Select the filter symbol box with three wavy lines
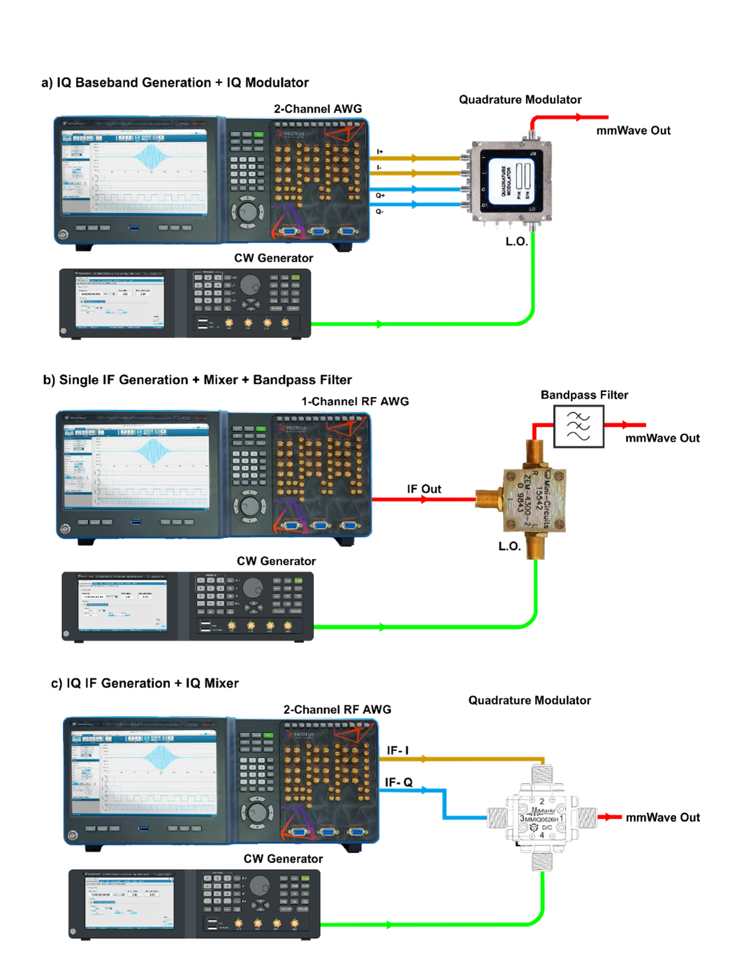coord(579,426)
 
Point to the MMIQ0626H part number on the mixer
coord(541,819)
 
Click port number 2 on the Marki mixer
coord(542,802)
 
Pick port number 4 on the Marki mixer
coord(542,835)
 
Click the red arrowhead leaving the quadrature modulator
coord(580,117)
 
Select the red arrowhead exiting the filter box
coord(625,425)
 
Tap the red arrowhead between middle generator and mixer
coord(425,499)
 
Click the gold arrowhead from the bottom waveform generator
coord(424,758)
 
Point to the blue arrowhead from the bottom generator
coord(425,790)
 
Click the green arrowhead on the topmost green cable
coord(379,324)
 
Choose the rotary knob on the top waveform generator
coord(248,212)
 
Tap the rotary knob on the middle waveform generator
coord(250,507)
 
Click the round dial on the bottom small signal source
coord(260,885)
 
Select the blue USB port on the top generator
coord(134,228)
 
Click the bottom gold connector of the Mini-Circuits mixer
coord(535,547)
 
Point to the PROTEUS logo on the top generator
coord(293,133)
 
